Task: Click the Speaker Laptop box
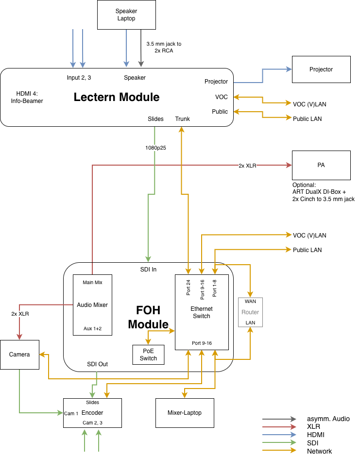(126, 15)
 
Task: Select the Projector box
(321, 69)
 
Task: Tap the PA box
(321, 165)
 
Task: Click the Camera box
(19, 355)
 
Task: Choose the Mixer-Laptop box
(185, 413)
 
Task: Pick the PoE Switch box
(148, 355)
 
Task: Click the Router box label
(250, 312)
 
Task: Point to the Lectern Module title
(117, 97)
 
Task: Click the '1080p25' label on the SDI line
(155, 148)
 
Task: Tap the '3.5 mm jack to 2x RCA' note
(164, 47)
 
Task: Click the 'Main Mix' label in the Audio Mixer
(92, 282)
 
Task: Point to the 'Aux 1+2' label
(92, 328)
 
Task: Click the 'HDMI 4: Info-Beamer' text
(27, 98)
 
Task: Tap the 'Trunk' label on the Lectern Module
(182, 119)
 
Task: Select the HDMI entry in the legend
(316, 435)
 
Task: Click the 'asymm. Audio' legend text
(328, 419)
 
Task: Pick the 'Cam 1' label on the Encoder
(71, 413)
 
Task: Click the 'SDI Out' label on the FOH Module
(97, 364)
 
